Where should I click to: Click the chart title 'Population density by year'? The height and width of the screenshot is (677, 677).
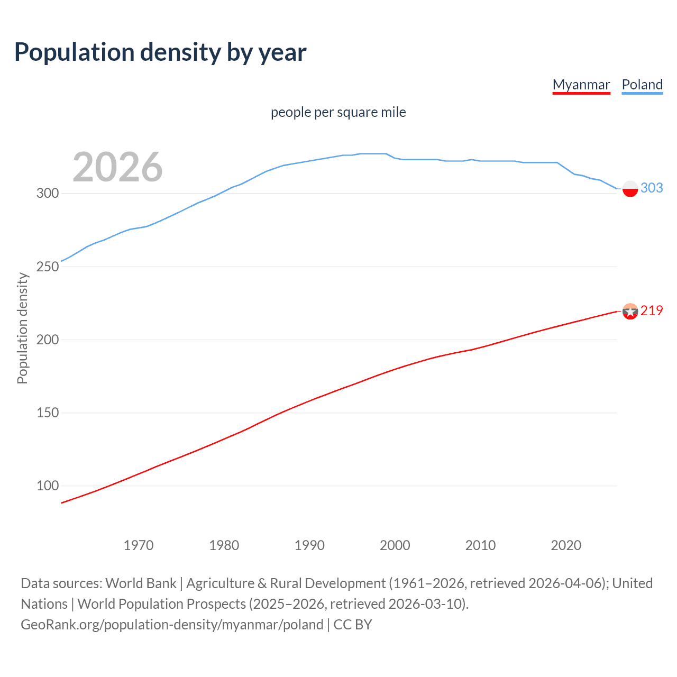tap(160, 52)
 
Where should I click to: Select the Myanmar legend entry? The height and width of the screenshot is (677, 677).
tap(581, 85)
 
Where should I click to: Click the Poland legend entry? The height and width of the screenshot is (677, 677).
tap(642, 85)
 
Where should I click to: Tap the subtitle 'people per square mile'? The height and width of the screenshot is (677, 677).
tap(338, 112)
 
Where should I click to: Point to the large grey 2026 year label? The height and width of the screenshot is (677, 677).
tap(117, 167)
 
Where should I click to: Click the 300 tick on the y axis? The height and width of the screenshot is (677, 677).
tap(48, 194)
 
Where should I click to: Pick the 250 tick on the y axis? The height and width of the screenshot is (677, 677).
tap(48, 267)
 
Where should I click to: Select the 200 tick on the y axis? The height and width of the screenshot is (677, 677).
tap(48, 340)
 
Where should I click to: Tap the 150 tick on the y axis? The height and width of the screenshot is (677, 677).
tap(48, 413)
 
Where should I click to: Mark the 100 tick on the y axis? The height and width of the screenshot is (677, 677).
tap(48, 486)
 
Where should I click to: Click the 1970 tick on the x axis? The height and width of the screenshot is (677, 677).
tap(139, 545)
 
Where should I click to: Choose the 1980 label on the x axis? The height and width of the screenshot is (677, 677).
tap(224, 545)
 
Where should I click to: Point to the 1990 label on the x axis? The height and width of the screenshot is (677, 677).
tap(309, 545)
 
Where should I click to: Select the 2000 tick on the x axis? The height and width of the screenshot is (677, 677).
tap(395, 545)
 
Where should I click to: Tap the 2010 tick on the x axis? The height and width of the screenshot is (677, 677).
tap(480, 545)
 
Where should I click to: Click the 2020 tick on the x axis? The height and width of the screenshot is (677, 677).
tap(566, 545)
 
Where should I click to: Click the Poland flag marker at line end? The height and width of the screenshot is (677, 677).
tap(630, 188)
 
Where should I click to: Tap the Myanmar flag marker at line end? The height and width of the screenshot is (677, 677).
tap(630, 312)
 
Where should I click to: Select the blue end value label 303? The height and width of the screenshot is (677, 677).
tap(652, 188)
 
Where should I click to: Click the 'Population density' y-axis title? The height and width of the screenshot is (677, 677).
tap(22, 328)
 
